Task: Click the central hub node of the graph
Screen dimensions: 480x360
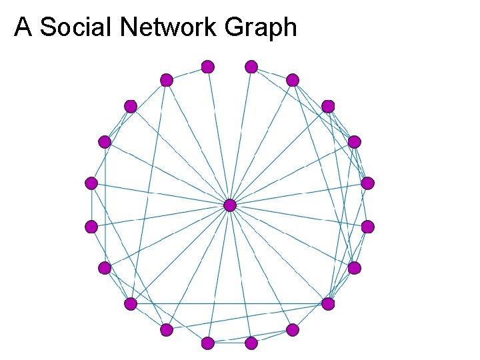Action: [x=229, y=205]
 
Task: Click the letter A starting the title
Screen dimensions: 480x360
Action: [x=23, y=27]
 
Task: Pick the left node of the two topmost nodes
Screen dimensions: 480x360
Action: [x=208, y=67]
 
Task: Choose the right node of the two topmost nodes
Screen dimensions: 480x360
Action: [x=251, y=67]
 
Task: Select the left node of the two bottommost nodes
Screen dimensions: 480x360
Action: [x=208, y=343]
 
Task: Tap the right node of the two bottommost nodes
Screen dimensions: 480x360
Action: [x=251, y=343]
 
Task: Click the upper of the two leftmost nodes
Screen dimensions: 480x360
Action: [x=91, y=183]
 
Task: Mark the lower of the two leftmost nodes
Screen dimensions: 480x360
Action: [x=91, y=227]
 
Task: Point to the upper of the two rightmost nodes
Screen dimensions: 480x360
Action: [x=367, y=183]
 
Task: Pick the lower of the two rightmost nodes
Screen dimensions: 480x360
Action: [x=367, y=227]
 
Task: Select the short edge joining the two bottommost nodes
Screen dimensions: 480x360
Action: [x=229, y=343]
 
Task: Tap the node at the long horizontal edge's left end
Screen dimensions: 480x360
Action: [x=131, y=303]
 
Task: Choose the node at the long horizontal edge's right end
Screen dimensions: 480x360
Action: [x=328, y=303]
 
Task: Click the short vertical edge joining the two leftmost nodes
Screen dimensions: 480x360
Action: [x=91, y=205]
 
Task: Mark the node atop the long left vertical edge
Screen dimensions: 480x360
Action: [x=105, y=141]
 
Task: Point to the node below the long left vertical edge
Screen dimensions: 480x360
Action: [x=105, y=268]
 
